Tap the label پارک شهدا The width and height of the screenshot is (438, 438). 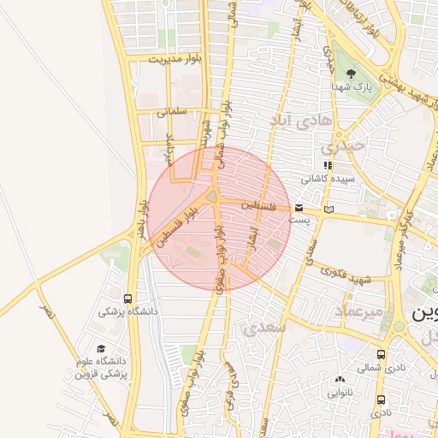[353, 86]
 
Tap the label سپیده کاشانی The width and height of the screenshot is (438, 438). [328, 180]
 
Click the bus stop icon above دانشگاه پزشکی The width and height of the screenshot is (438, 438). [127, 299]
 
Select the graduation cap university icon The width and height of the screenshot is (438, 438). [102, 349]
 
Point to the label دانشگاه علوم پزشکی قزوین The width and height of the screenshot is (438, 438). [101, 368]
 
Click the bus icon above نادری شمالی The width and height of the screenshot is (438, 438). [381, 354]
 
